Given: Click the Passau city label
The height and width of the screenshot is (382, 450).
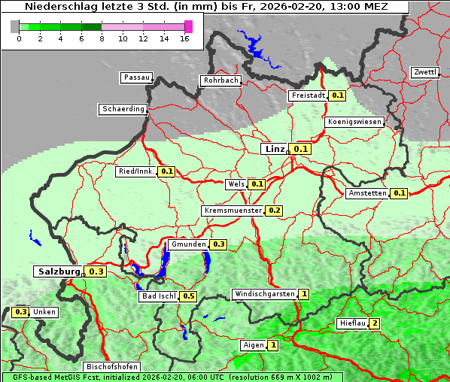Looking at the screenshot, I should pyautogui.click(x=136, y=77).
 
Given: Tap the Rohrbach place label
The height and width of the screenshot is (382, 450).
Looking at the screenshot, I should pyautogui.click(x=220, y=80).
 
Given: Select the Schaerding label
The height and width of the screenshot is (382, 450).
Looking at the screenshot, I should pyautogui.click(x=123, y=109).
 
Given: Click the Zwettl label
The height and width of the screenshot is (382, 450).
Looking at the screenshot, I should pyautogui.click(x=424, y=72).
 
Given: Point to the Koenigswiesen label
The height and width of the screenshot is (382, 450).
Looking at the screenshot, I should pyautogui.click(x=354, y=121).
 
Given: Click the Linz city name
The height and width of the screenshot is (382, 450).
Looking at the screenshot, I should pyautogui.click(x=274, y=149).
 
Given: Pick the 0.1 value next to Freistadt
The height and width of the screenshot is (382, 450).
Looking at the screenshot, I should pyautogui.click(x=337, y=95).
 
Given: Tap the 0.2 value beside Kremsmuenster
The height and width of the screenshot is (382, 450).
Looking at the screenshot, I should pyautogui.click(x=274, y=211).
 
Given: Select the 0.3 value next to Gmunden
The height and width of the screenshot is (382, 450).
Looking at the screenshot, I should pyautogui.click(x=218, y=244).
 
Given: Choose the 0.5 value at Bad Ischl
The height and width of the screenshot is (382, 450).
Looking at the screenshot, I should pyautogui.click(x=188, y=296).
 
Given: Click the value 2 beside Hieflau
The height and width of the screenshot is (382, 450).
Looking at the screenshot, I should pyautogui.click(x=374, y=323).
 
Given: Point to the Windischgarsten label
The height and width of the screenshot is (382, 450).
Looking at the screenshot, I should pyautogui.click(x=264, y=294).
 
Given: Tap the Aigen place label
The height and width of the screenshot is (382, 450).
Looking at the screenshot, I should pyautogui.click(x=253, y=345).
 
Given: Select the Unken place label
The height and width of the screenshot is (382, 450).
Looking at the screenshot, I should pyautogui.click(x=44, y=311).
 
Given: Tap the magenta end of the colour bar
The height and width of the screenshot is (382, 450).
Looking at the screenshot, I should pyautogui.click(x=188, y=26).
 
